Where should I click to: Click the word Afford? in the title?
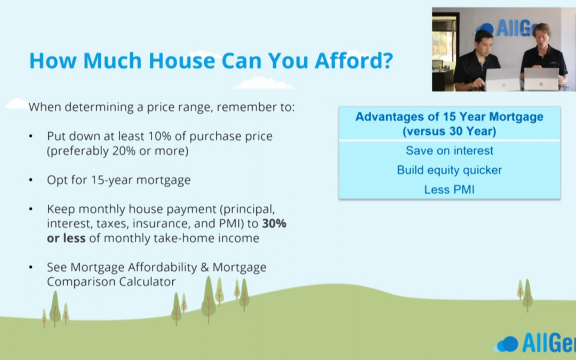tap(354, 60)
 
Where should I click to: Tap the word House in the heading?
tap(181, 60)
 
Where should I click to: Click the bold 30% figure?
tap(274, 223)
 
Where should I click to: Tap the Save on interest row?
tap(449, 150)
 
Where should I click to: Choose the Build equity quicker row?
tap(449, 170)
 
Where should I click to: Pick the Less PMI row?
tap(449, 189)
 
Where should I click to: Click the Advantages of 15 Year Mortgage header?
tap(449, 124)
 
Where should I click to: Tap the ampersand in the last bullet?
tap(205, 267)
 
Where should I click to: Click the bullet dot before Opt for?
tap(31, 180)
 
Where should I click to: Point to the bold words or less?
tap(66, 238)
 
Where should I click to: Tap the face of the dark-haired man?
tap(484, 44)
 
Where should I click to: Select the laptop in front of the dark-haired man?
tap(502, 79)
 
